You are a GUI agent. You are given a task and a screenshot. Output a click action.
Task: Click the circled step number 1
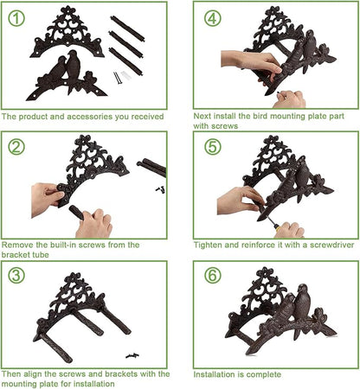(16, 18)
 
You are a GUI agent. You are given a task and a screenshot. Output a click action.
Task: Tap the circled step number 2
(16, 147)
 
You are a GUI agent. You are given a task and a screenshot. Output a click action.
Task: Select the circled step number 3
(16, 275)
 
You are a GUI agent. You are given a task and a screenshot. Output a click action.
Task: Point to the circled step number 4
(213, 18)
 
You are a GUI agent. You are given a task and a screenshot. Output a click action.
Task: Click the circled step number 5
(213, 147)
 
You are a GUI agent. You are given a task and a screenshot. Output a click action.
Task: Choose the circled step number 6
(213, 275)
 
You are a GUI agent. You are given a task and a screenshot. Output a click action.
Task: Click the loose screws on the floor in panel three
(132, 355)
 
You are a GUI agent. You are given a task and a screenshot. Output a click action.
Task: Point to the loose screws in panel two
(160, 189)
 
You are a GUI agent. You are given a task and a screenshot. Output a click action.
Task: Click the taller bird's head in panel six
(303, 289)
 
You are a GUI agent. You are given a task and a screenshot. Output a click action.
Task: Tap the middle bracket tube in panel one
(125, 44)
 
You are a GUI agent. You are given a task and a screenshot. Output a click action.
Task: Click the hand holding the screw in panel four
(289, 99)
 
